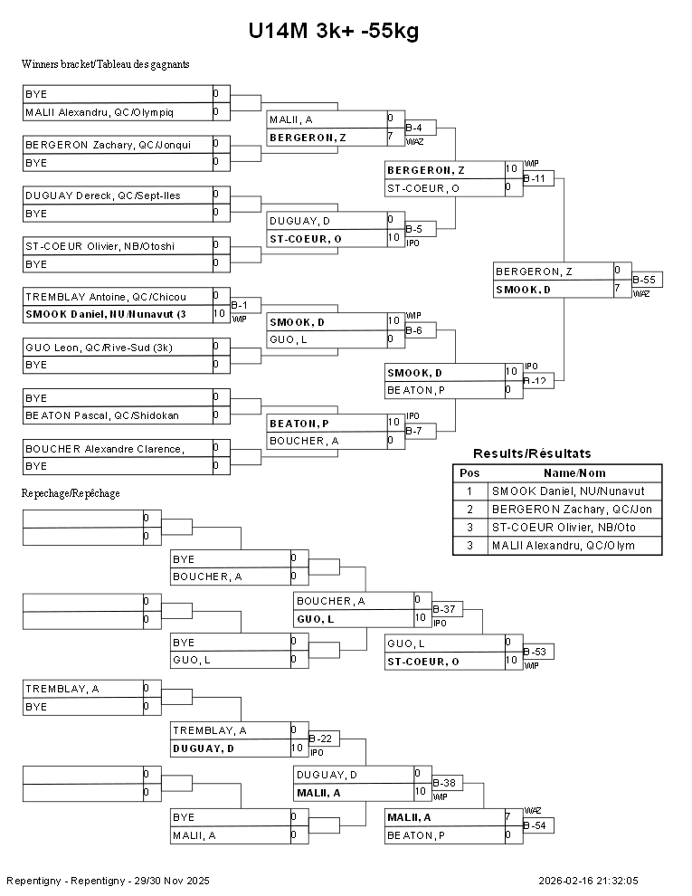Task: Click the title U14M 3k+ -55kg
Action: point(333,32)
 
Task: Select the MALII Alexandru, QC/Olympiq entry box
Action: point(118,112)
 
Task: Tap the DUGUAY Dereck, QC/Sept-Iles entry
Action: point(118,195)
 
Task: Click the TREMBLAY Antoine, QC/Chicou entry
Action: point(118,297)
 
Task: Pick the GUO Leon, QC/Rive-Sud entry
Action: point(118,347)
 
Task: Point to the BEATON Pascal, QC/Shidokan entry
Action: point(118,415)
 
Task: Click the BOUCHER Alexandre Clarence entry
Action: point(118,449)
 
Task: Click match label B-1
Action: point(240,305)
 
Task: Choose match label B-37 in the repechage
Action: point(444,609)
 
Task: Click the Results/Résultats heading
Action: point(532,453)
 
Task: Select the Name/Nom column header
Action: point(574,473)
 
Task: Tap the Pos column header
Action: point(469,473)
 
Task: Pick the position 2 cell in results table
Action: point(469,510)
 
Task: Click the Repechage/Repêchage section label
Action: point(71,493)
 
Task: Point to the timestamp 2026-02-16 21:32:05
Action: point(588,881)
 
